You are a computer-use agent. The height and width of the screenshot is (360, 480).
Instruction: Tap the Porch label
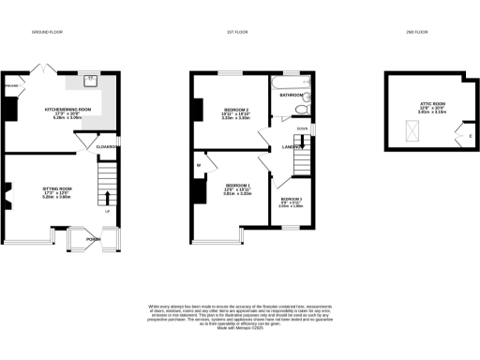94,238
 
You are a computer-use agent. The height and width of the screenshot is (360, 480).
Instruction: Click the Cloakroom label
104,146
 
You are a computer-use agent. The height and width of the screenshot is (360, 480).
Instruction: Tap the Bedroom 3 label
291,202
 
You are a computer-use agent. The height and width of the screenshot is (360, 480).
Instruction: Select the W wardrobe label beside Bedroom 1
200,167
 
